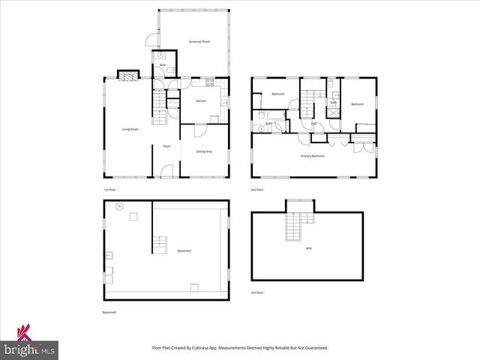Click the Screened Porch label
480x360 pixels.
pos(199,42)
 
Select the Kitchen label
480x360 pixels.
pos(201,101)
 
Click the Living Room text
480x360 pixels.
pos(130,129)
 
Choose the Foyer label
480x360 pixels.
pos(166,146)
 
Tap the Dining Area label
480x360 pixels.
pos(203,152)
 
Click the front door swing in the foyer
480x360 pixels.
pos(166,171)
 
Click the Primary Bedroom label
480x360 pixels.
pos(313,156)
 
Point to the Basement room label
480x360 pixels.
pos(184,250)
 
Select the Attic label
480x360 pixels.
pos(308,248)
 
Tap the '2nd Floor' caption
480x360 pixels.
pos(257,190)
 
